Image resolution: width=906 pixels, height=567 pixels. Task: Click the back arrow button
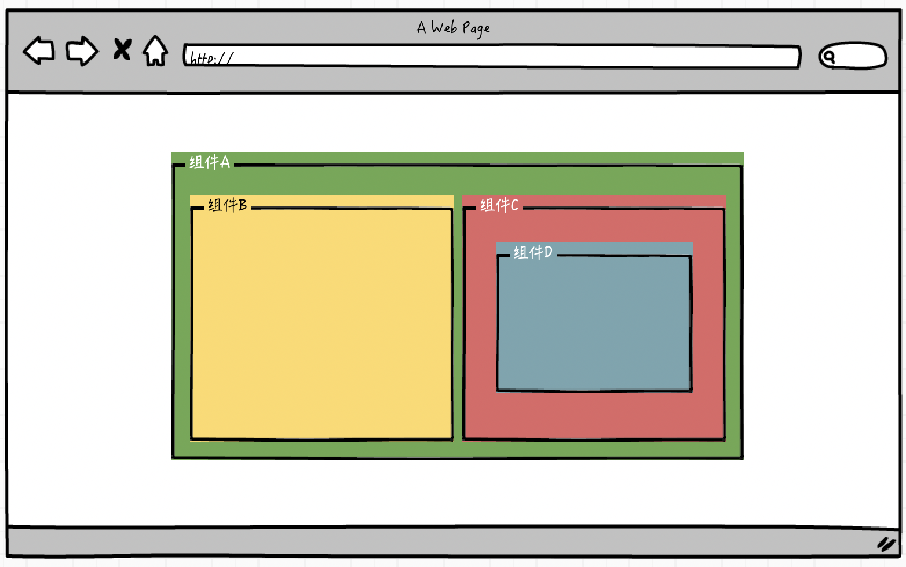coord(39,50)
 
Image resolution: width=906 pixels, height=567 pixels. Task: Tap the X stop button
coord(122,50)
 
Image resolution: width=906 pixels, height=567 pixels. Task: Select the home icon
coord(155,50)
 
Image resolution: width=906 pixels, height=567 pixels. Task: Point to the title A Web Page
coord(453,28)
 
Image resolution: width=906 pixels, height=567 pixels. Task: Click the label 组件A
coord(210,162)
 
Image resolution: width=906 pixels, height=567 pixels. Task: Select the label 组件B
coord(228,205)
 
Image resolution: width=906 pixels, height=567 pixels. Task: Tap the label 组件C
coord(499,205)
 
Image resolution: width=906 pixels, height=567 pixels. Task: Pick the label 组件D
coord(533,253)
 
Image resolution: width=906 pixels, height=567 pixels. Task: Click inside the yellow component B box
coord(322,325)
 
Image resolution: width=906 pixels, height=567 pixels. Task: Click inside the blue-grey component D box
coord(594,325)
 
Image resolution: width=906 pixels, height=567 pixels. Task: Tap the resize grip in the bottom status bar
coord(886,544)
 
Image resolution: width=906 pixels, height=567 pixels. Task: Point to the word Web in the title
coord(444,27)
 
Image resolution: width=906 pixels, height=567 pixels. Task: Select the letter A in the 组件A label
coord(225,162)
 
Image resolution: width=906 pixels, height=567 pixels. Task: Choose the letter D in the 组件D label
coord(548,252)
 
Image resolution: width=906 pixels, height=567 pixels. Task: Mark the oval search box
coord(853,56)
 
